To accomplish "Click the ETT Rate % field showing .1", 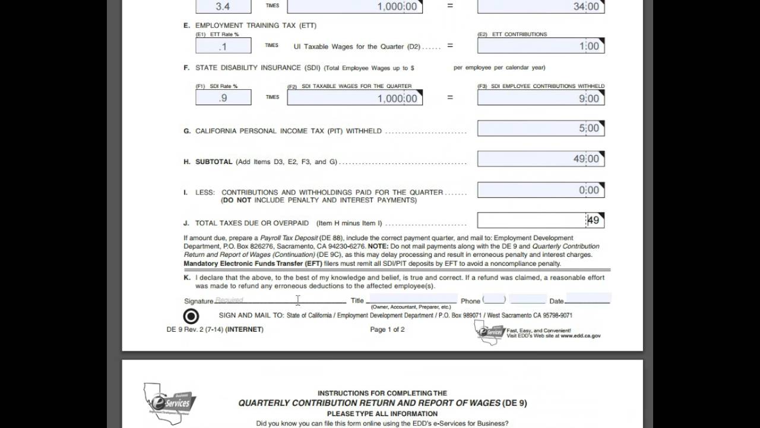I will pyautogui.click(x=223, y=46).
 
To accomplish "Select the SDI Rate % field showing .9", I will pyautogui.click(x=223, y=97).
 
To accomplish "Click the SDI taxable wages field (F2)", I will pyautogui.click(x=354, y=98).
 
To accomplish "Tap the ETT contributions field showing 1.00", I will pyautogui.click(x=540, y=46).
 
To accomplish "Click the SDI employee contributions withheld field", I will pyautogui.click(x=540, y=98).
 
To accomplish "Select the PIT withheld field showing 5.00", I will pyautogui.click(x=540, y=128).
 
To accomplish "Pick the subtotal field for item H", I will pyautogui.click(x=540, y=159).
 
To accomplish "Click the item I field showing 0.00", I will pyautogui.click(x=540, y=190).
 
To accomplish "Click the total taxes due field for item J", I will pyautogui.click(x=540, y=221).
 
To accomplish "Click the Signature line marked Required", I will pyautogui.click(x=279, y=300).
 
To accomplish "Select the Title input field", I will pyautogui.click(x=413, y=300).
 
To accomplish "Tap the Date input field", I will pyautogui.click(x=588, y=298).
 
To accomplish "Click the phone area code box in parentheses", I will pyautogui.click(x=494, y=300).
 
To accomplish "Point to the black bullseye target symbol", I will pyautogui.click(x=191, y=316).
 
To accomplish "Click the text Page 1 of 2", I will pyautogui.click(x=387, y=329).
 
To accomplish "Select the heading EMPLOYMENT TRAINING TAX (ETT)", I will pyautogui.click(x=256, y=26).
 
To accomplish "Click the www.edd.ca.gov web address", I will pyautogui.click(x=580, y=335).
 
